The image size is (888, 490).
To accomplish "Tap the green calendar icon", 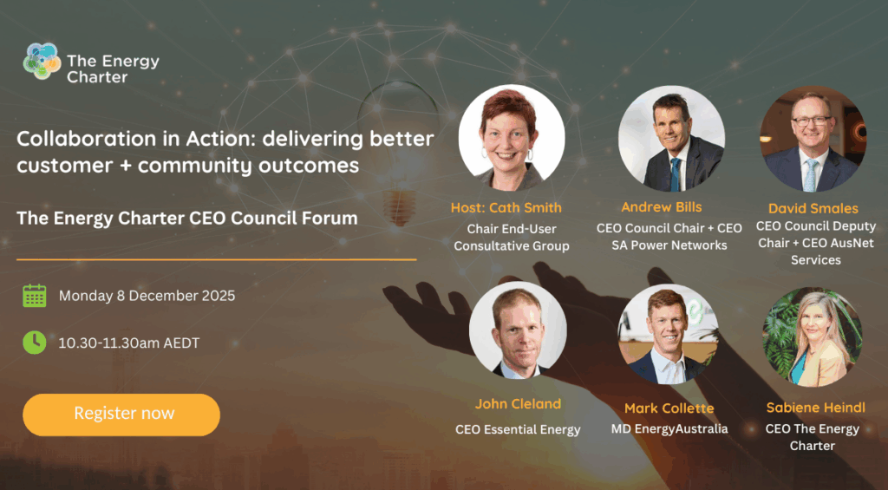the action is point(35,296).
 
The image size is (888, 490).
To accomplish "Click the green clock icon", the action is point(35,343).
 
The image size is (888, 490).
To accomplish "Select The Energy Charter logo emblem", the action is point(42,62).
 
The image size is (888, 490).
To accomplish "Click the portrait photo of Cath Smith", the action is point(512,138).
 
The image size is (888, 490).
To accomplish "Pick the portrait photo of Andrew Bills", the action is point(672,139).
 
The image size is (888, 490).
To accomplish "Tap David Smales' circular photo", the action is point(813,139).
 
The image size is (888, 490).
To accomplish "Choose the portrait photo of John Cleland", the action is point(519,330).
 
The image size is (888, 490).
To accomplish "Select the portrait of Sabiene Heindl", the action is point(813,337).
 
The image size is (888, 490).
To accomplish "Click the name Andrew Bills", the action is point(662,207).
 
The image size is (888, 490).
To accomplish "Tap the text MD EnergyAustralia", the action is point(669,429).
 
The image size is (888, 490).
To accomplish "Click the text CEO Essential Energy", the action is point(518,430).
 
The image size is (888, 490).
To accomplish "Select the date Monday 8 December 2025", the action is point(147,296).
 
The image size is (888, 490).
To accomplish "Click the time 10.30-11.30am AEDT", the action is point(129,343).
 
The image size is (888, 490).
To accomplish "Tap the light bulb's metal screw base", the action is point(399,207).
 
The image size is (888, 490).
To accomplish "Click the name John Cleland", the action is point(518,404).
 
